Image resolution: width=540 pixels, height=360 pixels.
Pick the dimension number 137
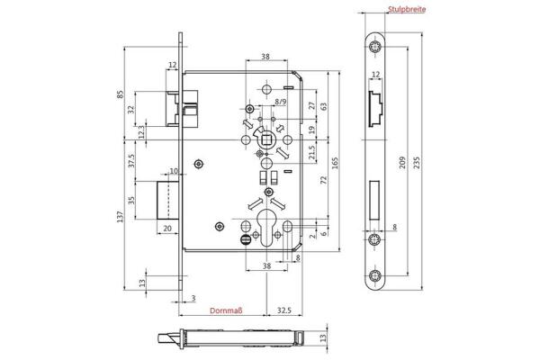point(121,217)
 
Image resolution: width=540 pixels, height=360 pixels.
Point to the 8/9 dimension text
point(280,103)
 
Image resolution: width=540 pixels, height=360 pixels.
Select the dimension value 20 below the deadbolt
point(167,229)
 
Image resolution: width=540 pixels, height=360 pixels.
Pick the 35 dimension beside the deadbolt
point(131,201)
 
